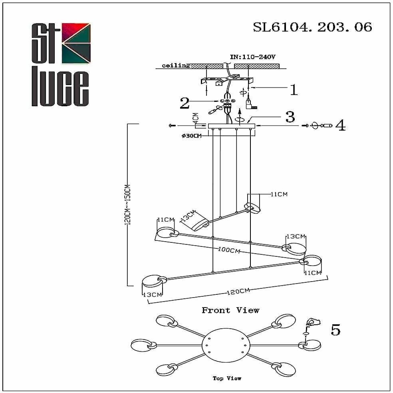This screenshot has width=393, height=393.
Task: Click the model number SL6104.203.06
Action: (x=312, y=27)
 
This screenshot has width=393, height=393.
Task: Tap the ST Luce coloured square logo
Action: (x=76, y=43)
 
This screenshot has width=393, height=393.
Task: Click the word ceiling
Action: (x=176, y=65)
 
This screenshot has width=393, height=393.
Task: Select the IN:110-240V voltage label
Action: (x=253, y=57)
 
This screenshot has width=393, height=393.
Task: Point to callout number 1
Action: (x=294, y=90)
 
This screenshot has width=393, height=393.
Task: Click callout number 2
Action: (x=184, y=103)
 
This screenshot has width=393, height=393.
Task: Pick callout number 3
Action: (x=290, y=117)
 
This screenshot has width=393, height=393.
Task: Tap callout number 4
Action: (x=340, y=126)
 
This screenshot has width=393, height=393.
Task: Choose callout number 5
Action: (x=335, y=330)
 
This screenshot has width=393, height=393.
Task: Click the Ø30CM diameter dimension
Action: (x=191, y=136)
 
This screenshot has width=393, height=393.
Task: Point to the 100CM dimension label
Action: (x=229, y=250)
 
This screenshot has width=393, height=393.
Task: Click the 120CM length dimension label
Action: (x=238, y=292)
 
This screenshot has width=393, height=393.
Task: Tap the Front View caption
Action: (x=230, y=310)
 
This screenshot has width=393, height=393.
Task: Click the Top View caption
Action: (x=227, y=378)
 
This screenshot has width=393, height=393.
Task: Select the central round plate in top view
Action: (x=226, y=345)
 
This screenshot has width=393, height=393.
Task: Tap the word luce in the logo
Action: (x=60, y=89)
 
